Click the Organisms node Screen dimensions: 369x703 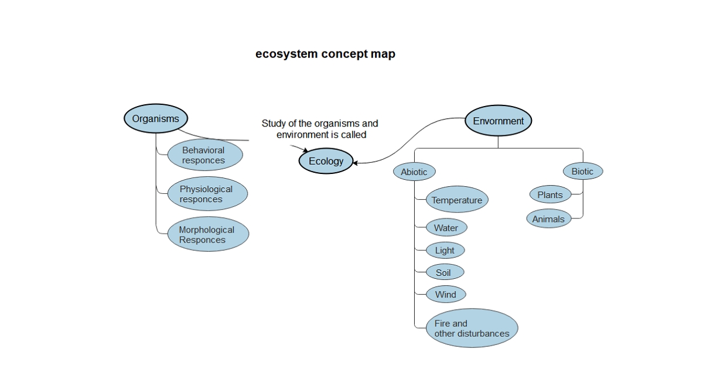tap(155, 119)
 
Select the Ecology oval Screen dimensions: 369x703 tap(326, 161)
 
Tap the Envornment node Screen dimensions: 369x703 tap(498, 121)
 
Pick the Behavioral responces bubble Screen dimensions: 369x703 tap(203, 155)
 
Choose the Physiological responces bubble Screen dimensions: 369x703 tap(206, 194)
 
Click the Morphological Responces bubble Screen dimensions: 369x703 tap(207, 234)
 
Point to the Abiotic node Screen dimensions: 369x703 tap(414, 172)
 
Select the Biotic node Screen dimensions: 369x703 tap(582, 172)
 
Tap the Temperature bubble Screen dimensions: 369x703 tap(457, 200)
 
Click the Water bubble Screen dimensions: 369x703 tap(446, 228)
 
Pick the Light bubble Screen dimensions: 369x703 tap(445, 250)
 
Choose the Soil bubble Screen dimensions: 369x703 tap(444, 272)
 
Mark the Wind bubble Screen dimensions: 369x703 tap(445, 295)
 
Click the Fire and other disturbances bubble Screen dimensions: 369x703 tap(472, 329)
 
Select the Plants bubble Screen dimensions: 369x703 tap(550, 195)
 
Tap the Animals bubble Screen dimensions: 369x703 tap(548, 219)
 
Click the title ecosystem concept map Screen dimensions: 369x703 tap(325, 54)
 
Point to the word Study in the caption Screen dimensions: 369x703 tap(273, 124)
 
